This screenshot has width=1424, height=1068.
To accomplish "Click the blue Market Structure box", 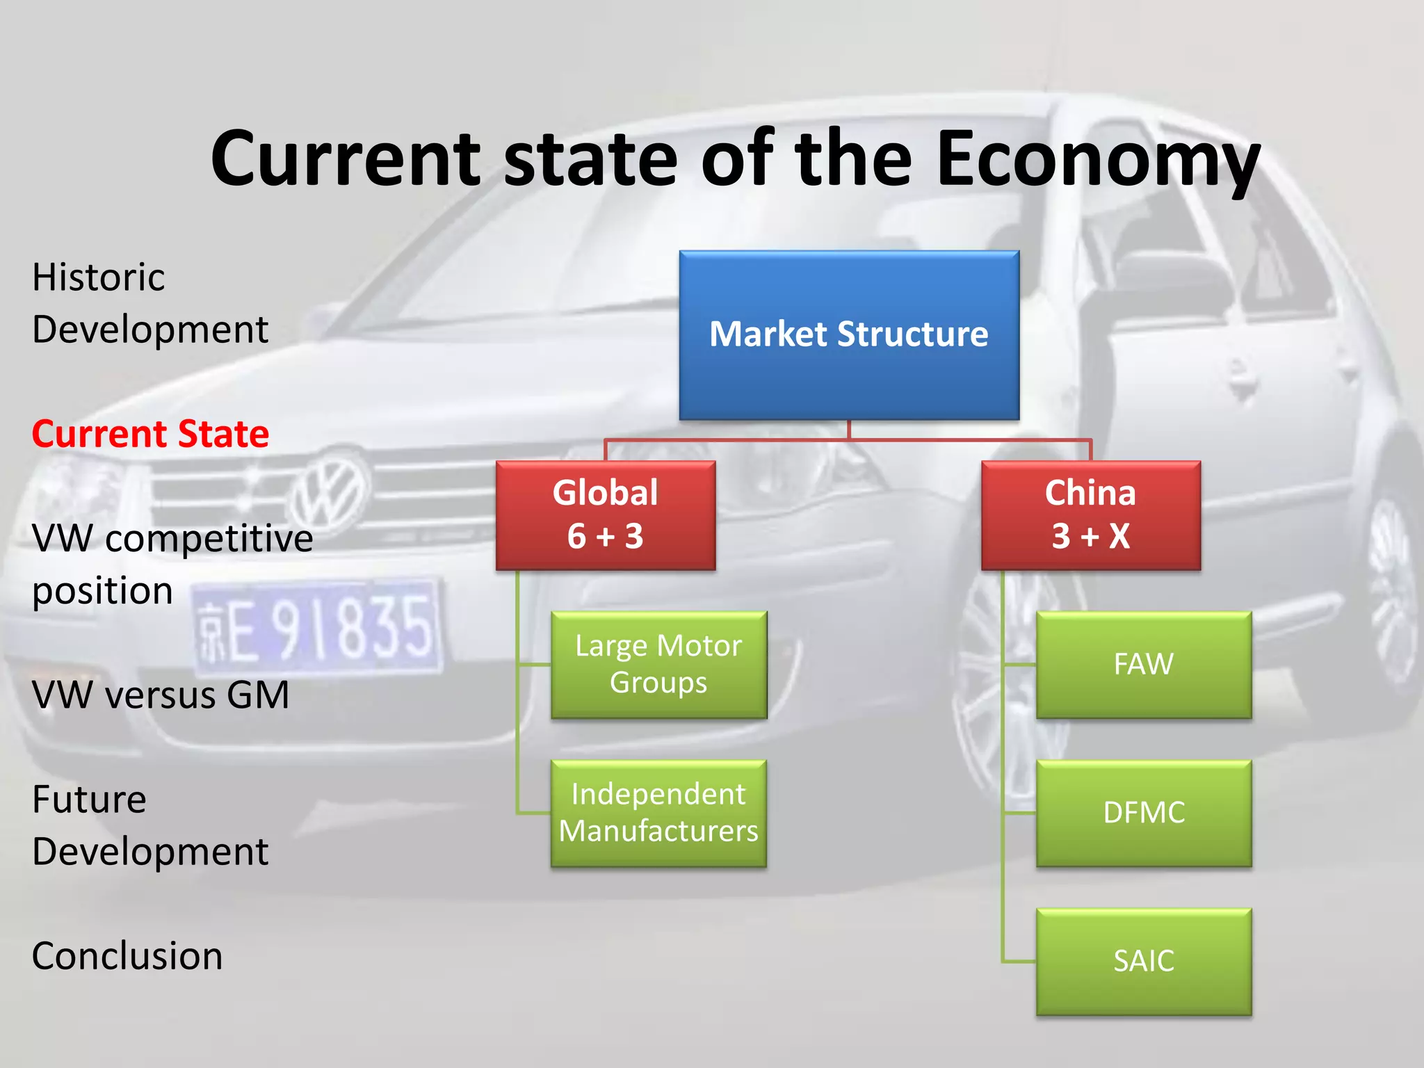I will [x=849, y=335].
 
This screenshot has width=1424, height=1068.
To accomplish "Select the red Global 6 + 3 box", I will [x=605, y=515].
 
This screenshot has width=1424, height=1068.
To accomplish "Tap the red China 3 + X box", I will [x=1090, y=515].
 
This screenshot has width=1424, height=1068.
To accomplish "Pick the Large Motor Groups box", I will [x=658, y=665].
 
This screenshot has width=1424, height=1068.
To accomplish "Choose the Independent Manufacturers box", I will [x=658, y=813].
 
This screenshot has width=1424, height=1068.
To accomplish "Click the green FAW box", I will [x=1143, y=665].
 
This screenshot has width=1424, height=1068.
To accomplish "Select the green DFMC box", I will [x=1143, y=813].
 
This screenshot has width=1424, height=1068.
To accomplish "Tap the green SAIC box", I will [x=1143, y=961].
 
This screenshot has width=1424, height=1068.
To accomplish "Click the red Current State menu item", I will [x=150, y=435].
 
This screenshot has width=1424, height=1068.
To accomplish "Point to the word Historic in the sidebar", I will [x=98, y=277].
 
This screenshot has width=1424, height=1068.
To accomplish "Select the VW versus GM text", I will [x=160, y=695].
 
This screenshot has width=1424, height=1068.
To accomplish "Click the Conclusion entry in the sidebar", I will [x=127, y=956].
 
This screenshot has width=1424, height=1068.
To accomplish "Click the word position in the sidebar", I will [x=102, y=592].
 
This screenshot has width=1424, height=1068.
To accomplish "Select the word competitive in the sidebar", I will [x=209, y=539].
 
